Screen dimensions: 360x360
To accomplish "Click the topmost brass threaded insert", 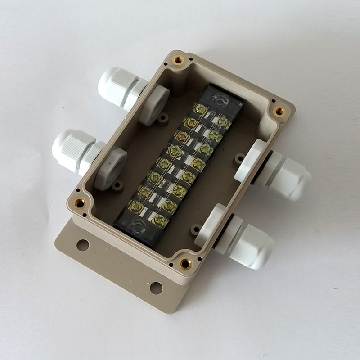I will pos(179,59).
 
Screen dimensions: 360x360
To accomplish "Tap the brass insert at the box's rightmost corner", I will pos(279,111).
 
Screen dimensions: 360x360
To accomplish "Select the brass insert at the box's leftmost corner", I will pos(80,203).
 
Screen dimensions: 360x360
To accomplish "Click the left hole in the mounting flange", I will pos(83,245).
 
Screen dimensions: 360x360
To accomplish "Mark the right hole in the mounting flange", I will pos(156,287).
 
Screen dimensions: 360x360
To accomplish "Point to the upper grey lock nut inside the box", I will pos(153,105).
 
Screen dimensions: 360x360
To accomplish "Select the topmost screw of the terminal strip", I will pos(199,108).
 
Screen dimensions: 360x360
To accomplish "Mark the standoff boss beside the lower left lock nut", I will pos(117,185).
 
